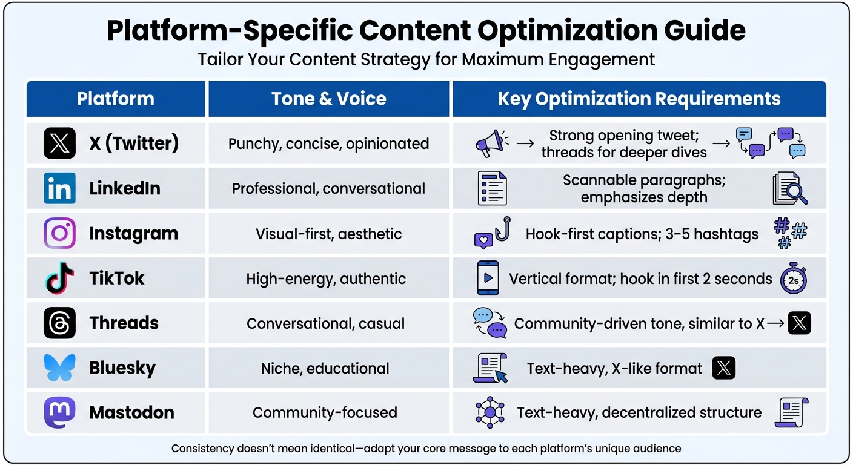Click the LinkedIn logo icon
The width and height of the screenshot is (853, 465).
point(59,188)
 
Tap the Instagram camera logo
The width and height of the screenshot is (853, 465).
point(59,234)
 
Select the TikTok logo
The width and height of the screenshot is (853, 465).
point(59,279)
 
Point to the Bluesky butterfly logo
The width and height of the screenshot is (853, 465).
point(59,368)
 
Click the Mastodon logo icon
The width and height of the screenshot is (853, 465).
point(59,412)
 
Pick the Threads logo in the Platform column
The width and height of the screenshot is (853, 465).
point(59,323)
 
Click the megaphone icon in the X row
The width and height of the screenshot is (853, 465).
point(490,143)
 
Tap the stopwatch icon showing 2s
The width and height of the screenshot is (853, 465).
point(794,279)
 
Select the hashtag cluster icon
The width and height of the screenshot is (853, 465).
point(791,234)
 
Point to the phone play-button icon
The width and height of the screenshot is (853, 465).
point(488,279)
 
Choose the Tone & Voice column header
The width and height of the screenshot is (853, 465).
point(329,99)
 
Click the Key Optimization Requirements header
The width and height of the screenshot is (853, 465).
point(639,99)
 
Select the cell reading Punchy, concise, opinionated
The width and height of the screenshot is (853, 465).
point(329,143)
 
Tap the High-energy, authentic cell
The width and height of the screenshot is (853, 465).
point(326,279)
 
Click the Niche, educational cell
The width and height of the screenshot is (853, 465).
point(325,368)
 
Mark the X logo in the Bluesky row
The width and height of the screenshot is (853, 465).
point(724,368)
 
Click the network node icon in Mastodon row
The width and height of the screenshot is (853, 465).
point(489,412)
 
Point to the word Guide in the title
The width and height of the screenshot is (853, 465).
point(706,30)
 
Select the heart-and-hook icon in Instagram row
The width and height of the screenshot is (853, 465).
point(492,234)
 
